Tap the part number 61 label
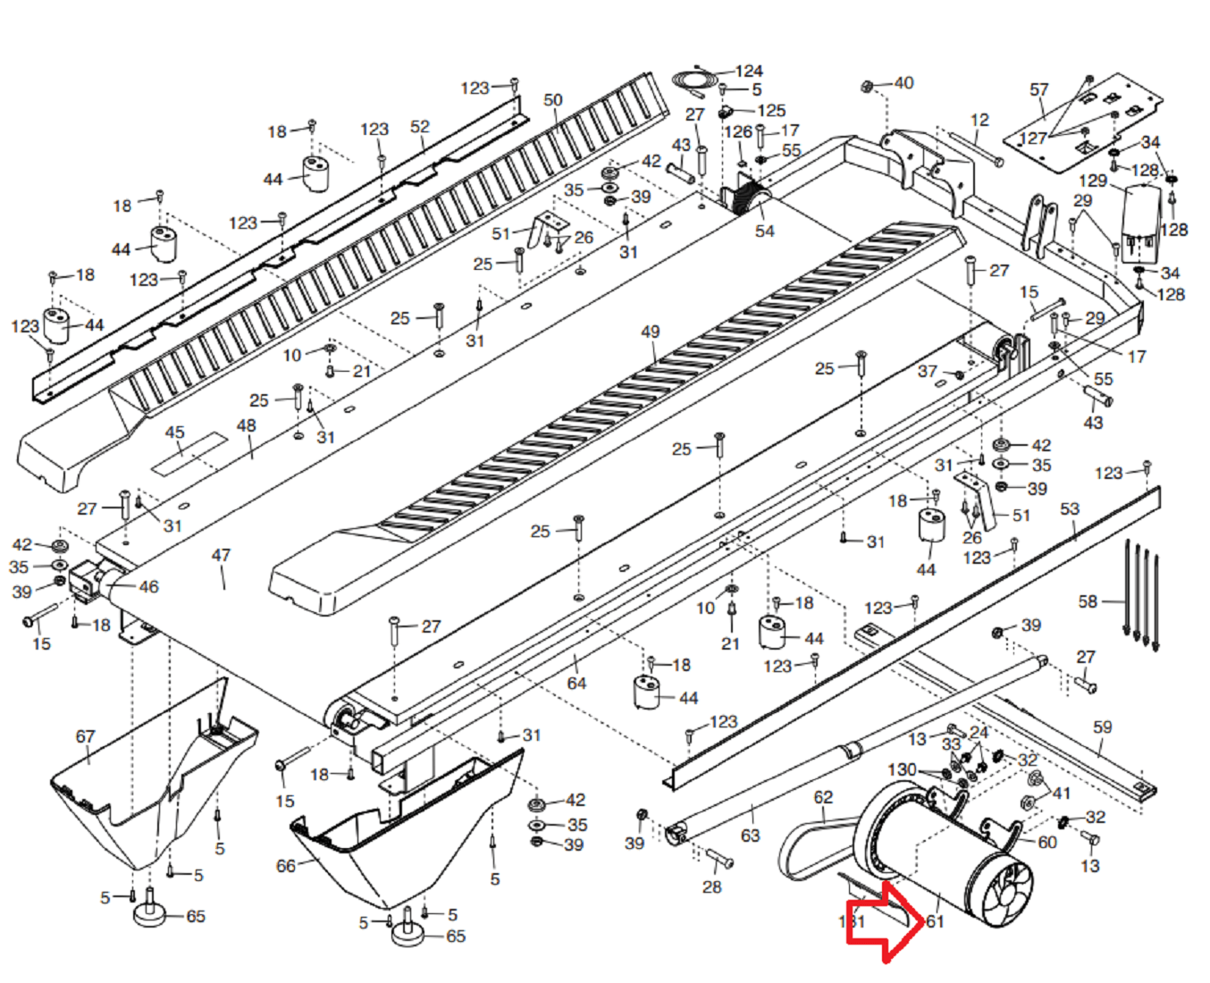point(935,920)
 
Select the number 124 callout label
point(749,71)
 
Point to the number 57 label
point(1038,89)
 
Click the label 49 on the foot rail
point(650,332)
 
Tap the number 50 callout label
point(553,100)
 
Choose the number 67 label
point(85,736)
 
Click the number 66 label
point(286,866)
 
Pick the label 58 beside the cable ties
point(1088,601)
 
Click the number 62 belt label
point(823,797)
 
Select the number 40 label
point(903,83)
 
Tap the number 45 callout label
point(175,433)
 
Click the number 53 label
point(1070,508)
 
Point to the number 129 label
point(1093,181)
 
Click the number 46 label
point(148,587)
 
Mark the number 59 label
point(1103,727)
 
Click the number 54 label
point(764,231)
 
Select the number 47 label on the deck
point(221,555)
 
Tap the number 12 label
point(979,120)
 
